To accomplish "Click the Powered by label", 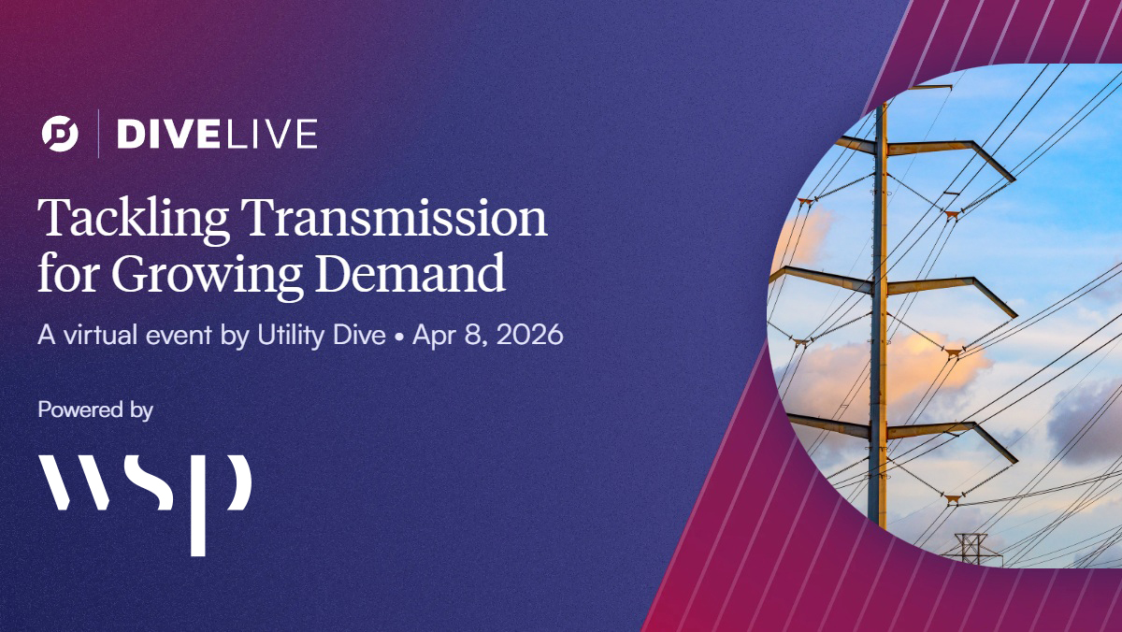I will tap(95, 409).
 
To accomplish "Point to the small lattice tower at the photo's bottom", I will tap(970, 548).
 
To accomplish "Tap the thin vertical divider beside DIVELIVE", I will tap(99, 134).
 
